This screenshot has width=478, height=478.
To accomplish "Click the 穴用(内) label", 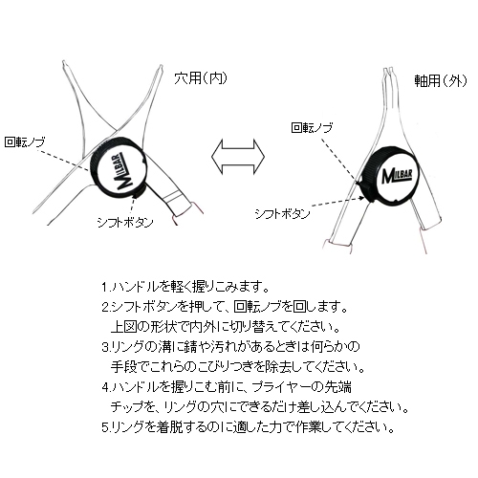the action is (x=201, y=77).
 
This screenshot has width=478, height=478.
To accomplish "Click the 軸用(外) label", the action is (x=441, y=80).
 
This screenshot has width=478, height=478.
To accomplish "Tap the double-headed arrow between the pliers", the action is (x=238, y=156).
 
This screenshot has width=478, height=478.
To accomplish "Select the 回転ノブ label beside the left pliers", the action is (x=25, y=142).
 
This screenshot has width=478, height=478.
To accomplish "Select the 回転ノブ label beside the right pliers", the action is (x=312, y=128).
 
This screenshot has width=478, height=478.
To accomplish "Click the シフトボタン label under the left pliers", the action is (x=125, y=222).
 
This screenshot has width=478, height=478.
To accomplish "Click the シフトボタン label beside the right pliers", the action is (x=282, y=214).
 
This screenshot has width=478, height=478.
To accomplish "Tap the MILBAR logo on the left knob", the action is (x=123, y=172).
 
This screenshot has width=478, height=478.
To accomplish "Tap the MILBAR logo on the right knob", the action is (x=397, y=176).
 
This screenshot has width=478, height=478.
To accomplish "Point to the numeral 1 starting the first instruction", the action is (x=104, y=288).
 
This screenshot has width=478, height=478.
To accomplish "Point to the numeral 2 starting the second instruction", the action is (x=105, y=308).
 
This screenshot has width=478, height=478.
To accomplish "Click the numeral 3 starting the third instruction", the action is (x=105, y=347).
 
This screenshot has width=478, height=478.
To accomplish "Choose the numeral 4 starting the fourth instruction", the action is (x=105, y=387).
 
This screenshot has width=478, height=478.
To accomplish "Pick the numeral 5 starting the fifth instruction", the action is (x=105, y=427).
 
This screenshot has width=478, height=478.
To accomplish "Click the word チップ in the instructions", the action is (x=127, y=407).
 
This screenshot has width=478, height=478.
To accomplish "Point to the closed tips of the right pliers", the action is (x=388, y=71).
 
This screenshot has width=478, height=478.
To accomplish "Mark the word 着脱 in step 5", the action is (x=169, y=427).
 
